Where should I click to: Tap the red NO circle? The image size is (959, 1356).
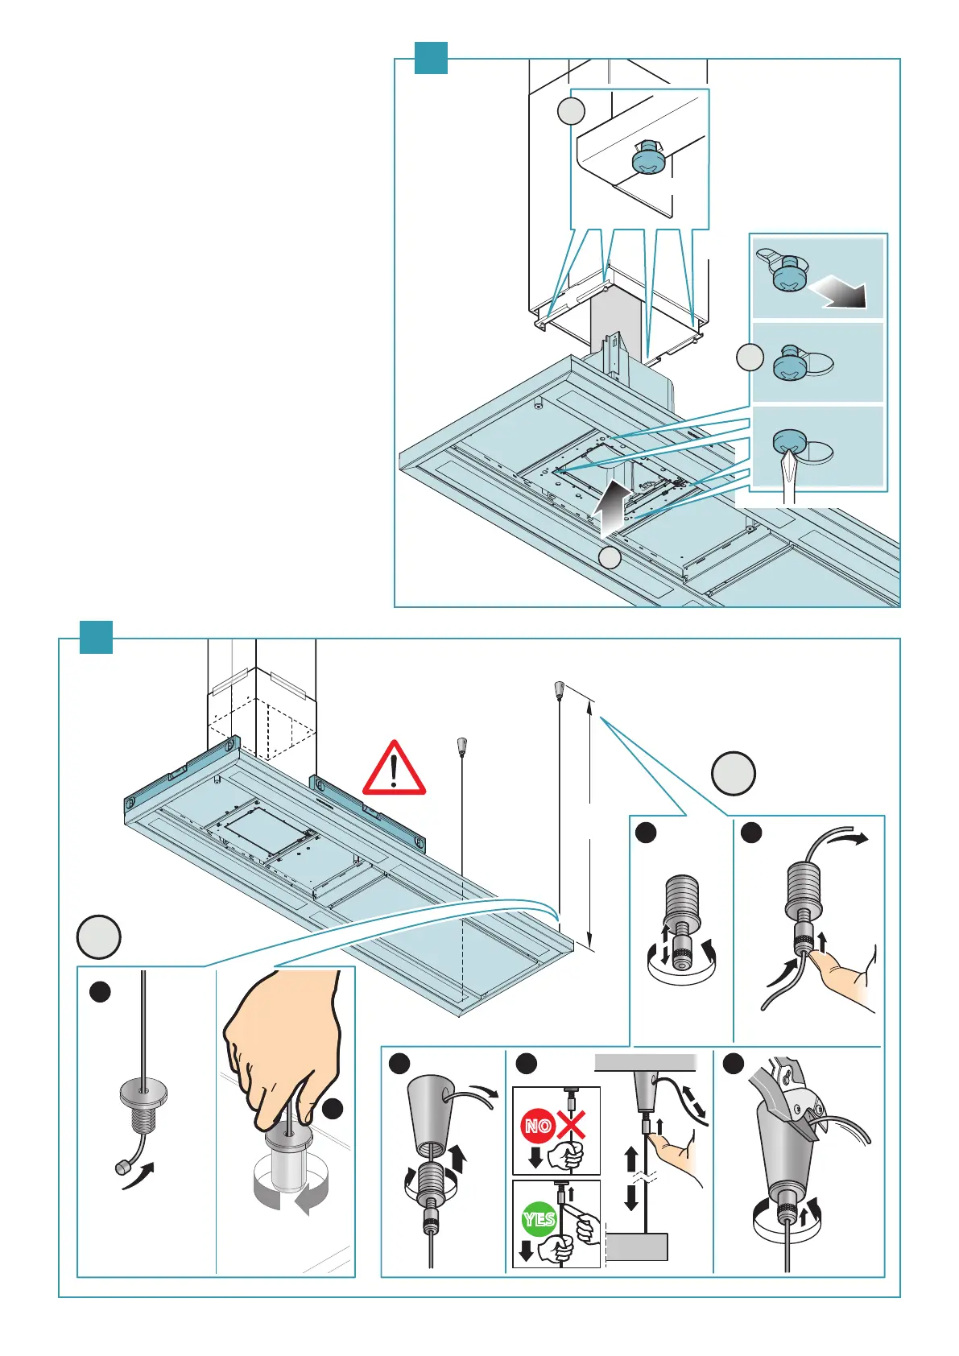coord(538,1126)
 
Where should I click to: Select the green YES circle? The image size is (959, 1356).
coord(539,1219)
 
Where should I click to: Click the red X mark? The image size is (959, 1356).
coord(571,1124)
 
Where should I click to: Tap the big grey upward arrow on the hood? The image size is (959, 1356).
coord(611,506)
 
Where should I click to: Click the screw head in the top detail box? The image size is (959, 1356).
coord(649,161)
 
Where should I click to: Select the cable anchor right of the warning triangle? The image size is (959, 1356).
coord(462,746)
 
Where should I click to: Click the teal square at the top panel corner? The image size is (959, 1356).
coord(431,58)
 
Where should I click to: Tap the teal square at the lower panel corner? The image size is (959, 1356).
coord(96,638)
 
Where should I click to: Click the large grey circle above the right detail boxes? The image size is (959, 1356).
coord(734,774)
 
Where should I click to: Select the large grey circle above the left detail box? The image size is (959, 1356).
coord(99,937)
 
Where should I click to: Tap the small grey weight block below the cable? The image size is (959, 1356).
coord(636,1246)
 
